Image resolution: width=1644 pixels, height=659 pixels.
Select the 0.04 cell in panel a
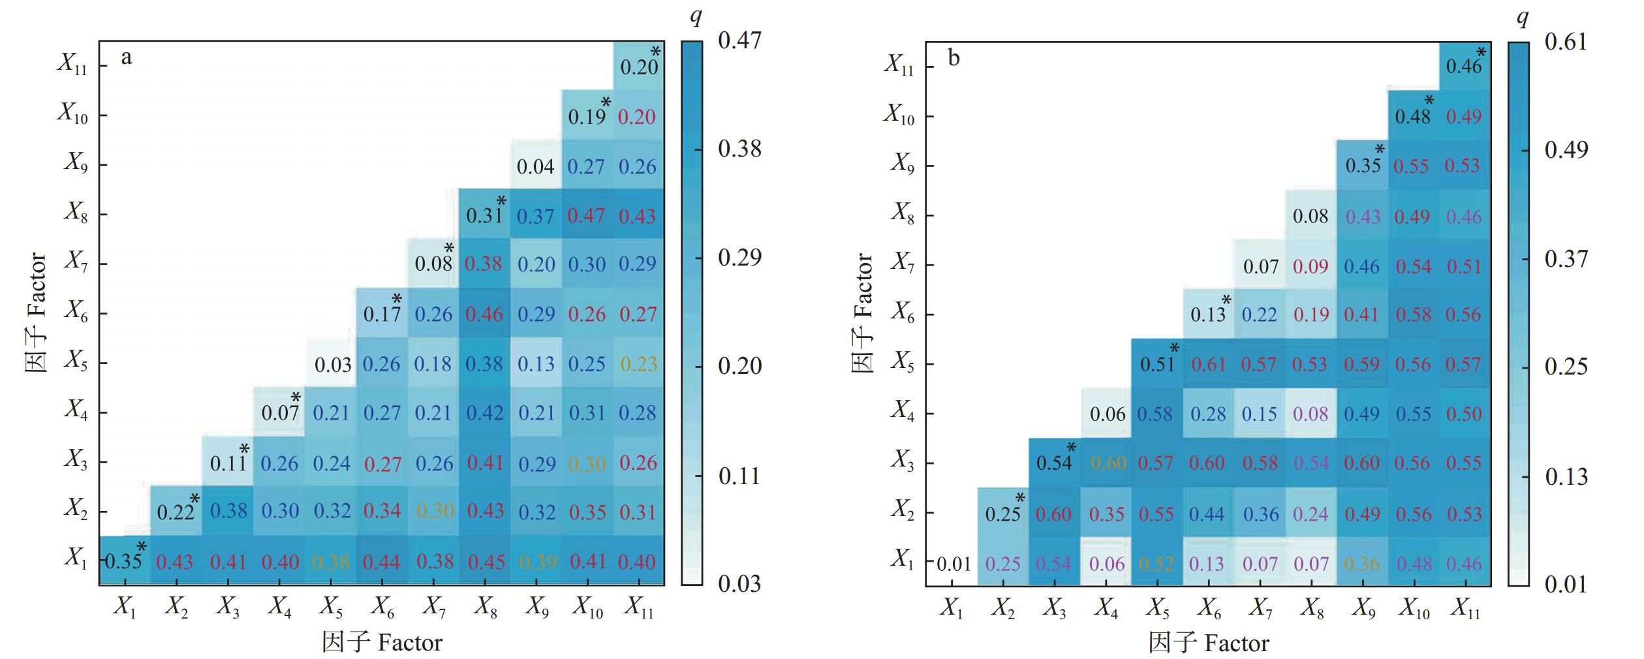pyautogui.click(x=535, y=166)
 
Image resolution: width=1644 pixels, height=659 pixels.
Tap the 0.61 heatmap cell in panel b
pyautogui.click(x=1208, y=364)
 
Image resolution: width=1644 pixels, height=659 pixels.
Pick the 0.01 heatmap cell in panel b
pyautogui.click(x=954, y=564)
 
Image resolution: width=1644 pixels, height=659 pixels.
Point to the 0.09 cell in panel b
pyautogui.click(x=1311, y=266)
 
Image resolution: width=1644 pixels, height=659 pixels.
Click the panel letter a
pyautogui.click(x=126, y=57)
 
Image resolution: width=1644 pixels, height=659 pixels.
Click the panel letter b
pyautogui.click(x=954, y=59)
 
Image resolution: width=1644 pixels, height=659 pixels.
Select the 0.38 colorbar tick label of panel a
pyautogui.click(x=739, y=149)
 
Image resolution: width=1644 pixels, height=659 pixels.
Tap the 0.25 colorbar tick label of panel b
pyautogui.click(x=1566, y=367)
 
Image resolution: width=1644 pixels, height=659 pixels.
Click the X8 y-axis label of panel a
pyautogui.click(x=75, y=213)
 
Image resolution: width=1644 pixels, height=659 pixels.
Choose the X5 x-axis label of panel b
pyautogui.click(x=1157, y=609)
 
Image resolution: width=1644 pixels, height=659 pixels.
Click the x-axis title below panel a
pyautogui.click(x=382, y=643)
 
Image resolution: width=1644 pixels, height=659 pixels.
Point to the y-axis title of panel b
pyautogui.click(x=863, y=314)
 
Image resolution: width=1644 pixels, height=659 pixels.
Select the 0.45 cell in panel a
pyautogui.click(x=485, y=561)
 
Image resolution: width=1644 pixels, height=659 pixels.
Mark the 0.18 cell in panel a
pyautogui.click(x=433, y=363)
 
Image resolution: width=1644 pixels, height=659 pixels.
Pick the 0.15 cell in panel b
pyautogui.click(x=1259, y=414)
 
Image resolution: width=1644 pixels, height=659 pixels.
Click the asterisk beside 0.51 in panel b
pyautogui.click(x=1174, y=348)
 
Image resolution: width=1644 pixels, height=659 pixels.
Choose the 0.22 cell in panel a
pyautogui.click(x=176, y=512)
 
